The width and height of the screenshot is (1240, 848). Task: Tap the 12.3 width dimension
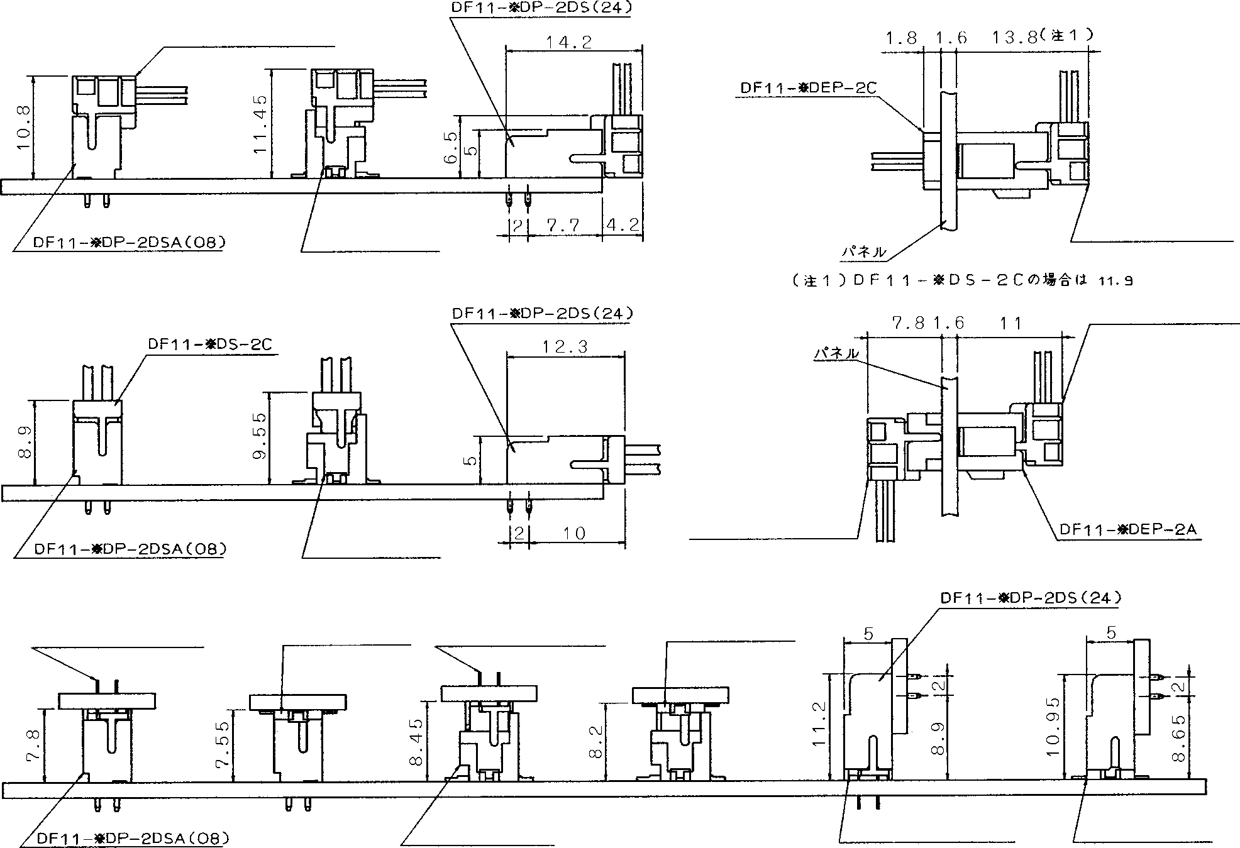(x=565, y=347)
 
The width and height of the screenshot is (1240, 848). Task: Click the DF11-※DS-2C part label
(x=210, y=344)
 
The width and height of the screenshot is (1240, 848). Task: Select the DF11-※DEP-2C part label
(x=808, y=87)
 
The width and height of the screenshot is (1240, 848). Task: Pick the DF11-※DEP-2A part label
(x=1127, y=529)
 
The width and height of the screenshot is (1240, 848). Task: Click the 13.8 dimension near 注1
(x=1014, y=38)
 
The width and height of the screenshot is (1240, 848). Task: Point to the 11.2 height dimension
(x=819, y=724)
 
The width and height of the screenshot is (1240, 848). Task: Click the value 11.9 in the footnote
(x=1115, y=282)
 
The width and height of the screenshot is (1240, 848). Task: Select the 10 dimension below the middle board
(x=573, y=534)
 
